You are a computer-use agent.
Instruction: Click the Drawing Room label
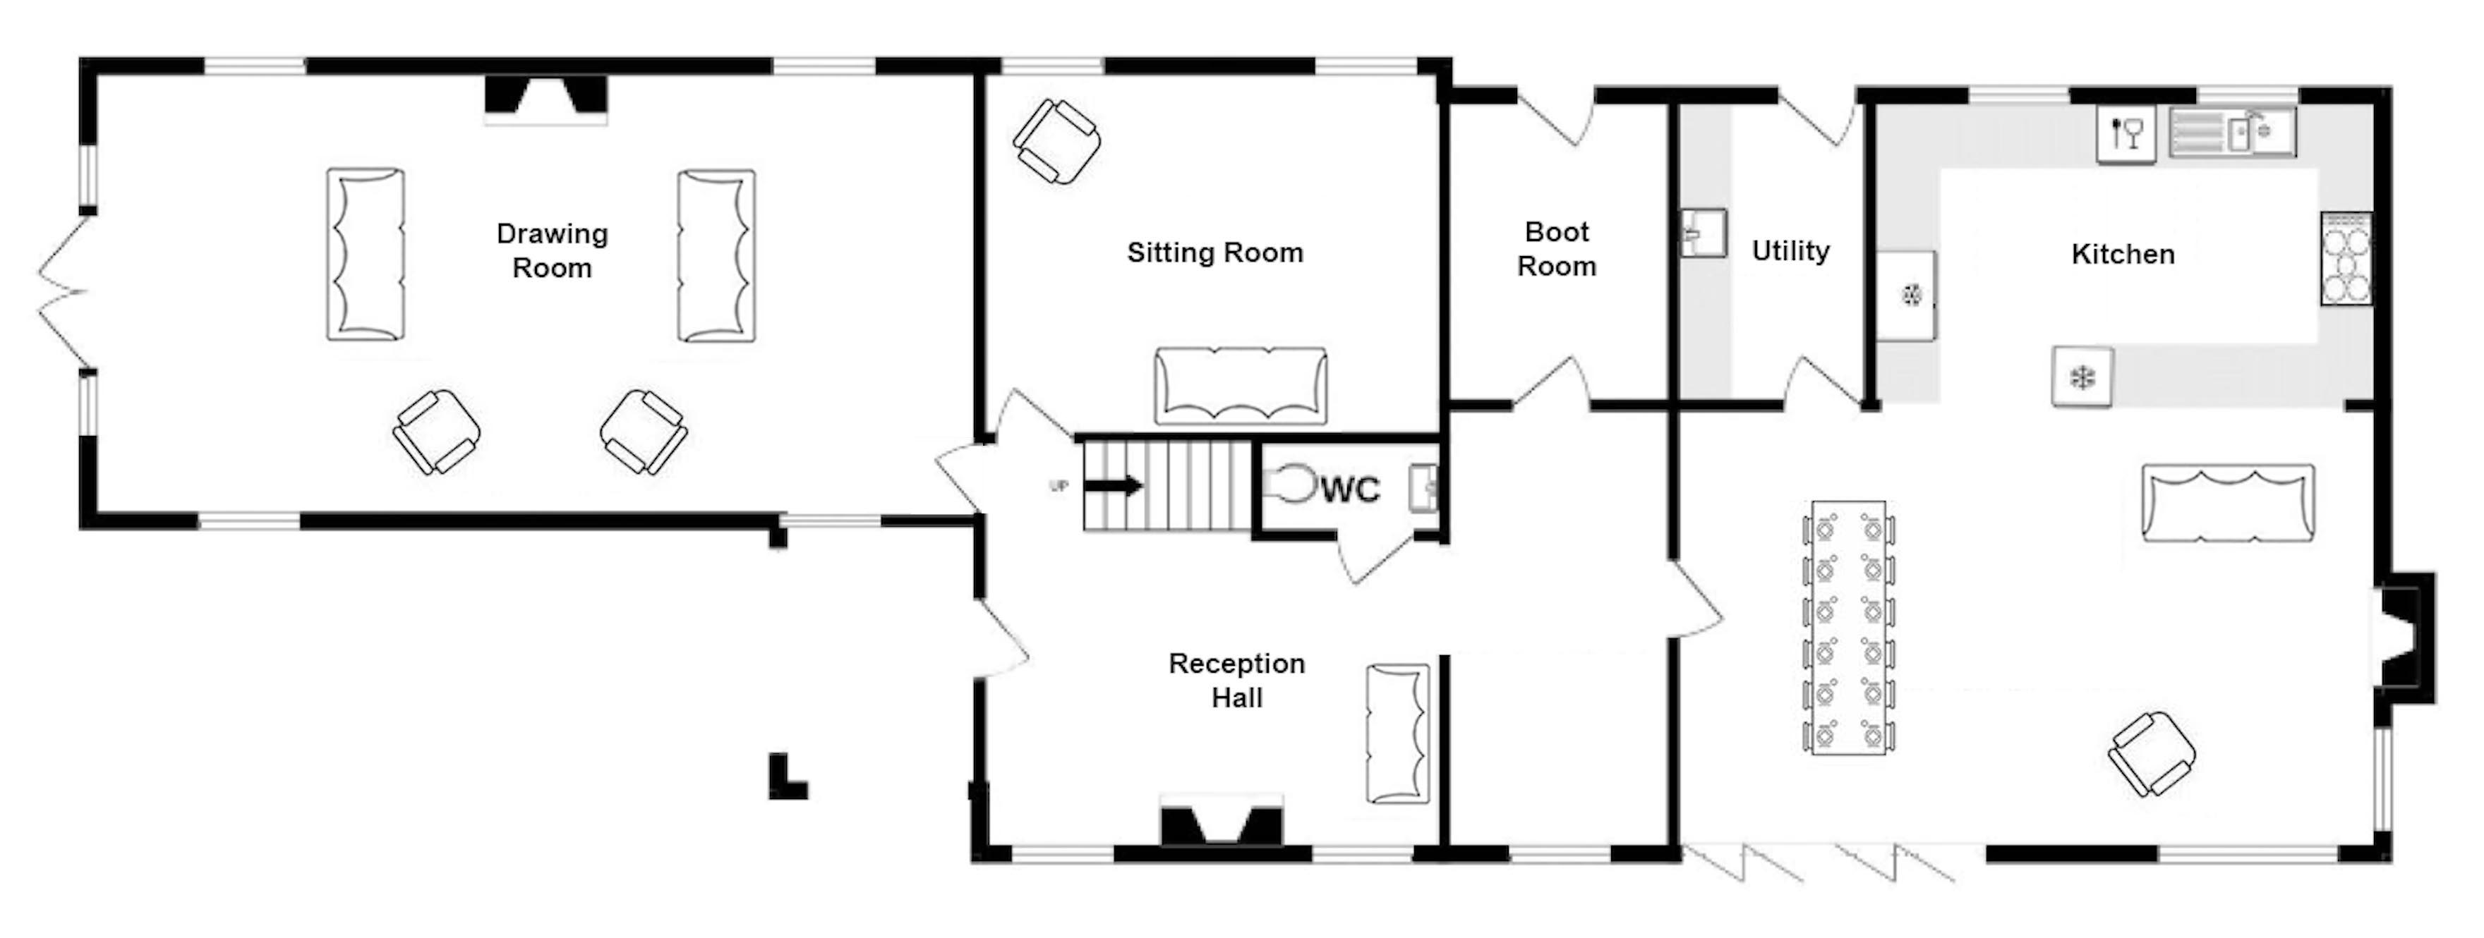click(x=552, y=250)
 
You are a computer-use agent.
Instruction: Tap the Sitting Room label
click(x=1215, y=252)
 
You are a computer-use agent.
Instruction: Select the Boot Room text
click(x=1556, y=249)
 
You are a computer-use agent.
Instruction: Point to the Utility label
click(x=1791, y=250)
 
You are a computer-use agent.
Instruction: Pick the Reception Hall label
click(x=1236, y=680)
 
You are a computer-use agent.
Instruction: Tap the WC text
click(x=1350, y=489)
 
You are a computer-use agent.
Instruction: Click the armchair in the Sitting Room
click(x=1057, y=142)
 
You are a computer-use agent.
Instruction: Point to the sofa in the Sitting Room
click(x=1240, y=386)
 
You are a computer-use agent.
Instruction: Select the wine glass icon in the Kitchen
click(x=2126, y=134)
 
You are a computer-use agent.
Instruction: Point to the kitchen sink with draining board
click(x=2232, y=132)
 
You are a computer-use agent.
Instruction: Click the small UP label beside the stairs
click(x=1059, y=487)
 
